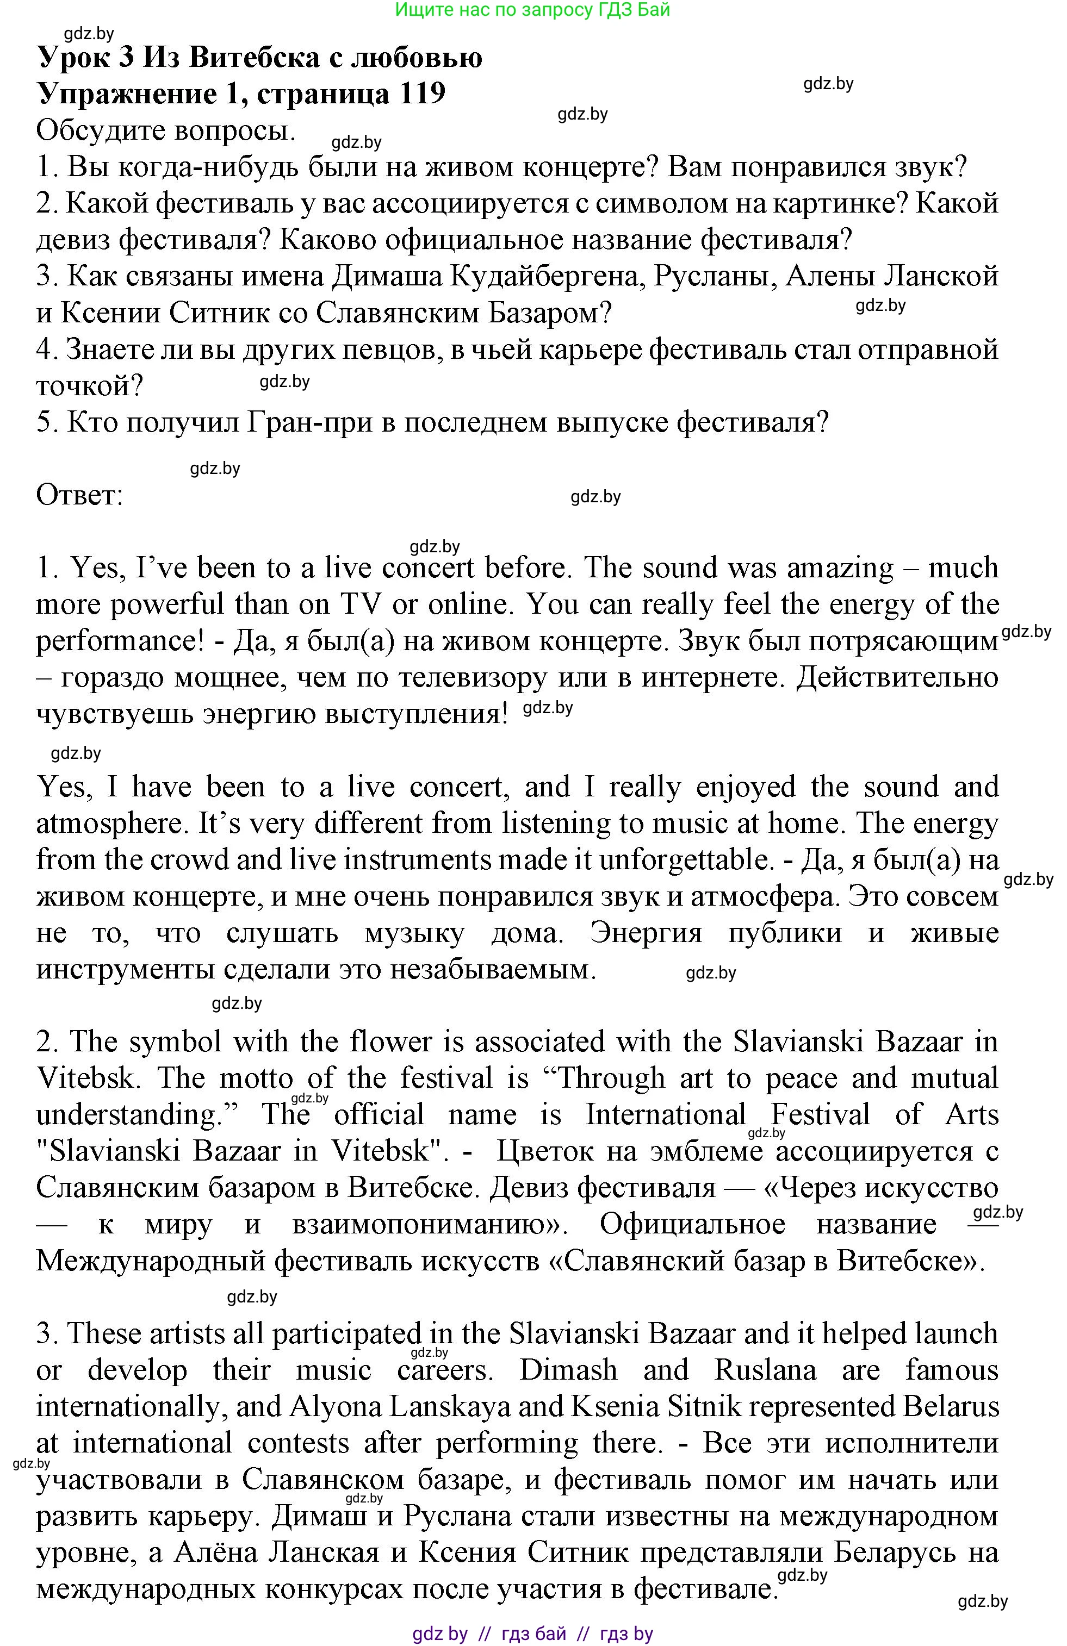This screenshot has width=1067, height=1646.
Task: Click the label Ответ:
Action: (79, 496)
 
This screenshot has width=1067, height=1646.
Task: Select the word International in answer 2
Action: (666, 1115)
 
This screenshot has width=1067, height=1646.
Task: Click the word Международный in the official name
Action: (150, 1261)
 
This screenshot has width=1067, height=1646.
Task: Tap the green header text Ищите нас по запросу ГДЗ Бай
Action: (532, 10)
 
